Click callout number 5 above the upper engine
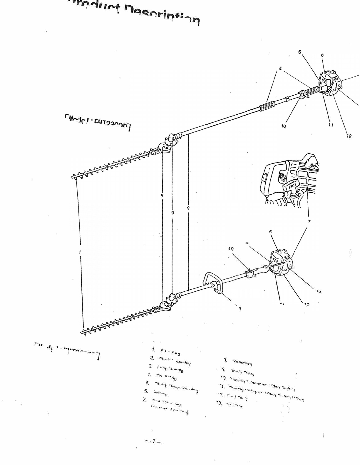click(299, 52)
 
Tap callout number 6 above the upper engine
click(322, 55)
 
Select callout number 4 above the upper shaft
click(280, 69)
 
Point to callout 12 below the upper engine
click(349, 136)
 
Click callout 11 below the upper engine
click(331, 125)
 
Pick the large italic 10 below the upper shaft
click(283, 126)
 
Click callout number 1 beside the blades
click(80, 252)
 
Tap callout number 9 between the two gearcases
click(173, 213)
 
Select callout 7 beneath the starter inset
click(309, 221)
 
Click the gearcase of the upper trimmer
click(166, 146)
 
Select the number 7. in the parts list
click(145, 399)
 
